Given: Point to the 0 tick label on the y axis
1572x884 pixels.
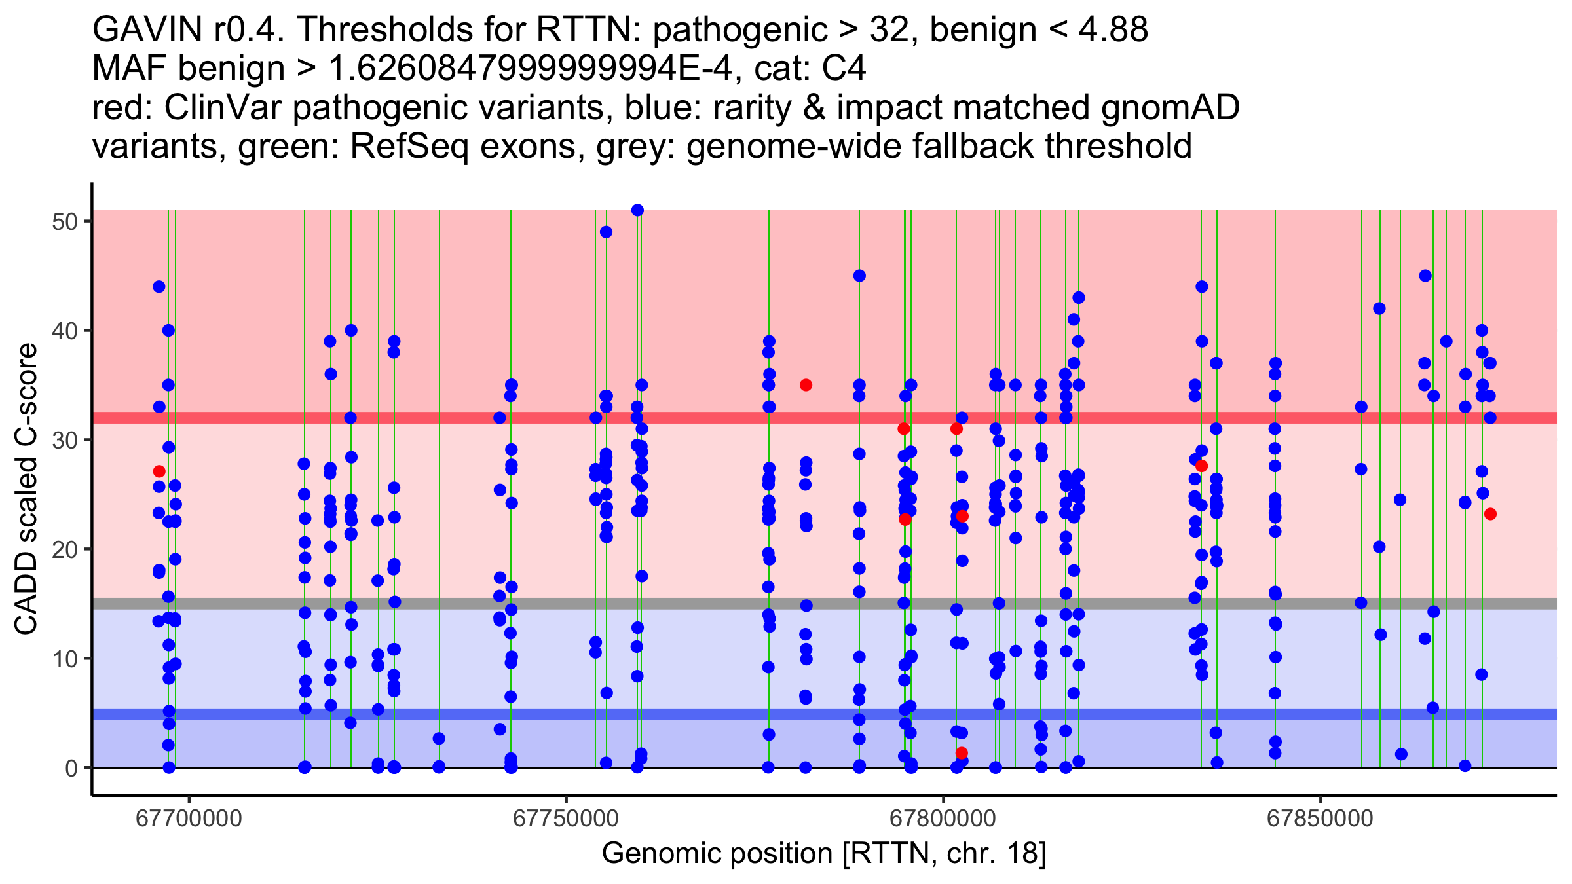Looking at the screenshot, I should coord(71,768).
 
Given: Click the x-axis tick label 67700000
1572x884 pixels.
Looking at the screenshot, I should coord(189,819).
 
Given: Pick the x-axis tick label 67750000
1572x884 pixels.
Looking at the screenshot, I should coord(566,819).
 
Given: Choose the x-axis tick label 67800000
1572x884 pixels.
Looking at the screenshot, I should coord(943,819).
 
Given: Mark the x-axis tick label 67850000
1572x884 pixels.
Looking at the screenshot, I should coord(1320,819).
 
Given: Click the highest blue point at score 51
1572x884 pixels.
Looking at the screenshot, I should coord(637,210).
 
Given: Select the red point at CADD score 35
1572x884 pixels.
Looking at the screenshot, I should coord(806,385).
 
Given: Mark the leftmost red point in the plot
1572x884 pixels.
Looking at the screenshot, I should coord(159,471).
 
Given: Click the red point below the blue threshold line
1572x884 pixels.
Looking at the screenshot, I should coord(962,753).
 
